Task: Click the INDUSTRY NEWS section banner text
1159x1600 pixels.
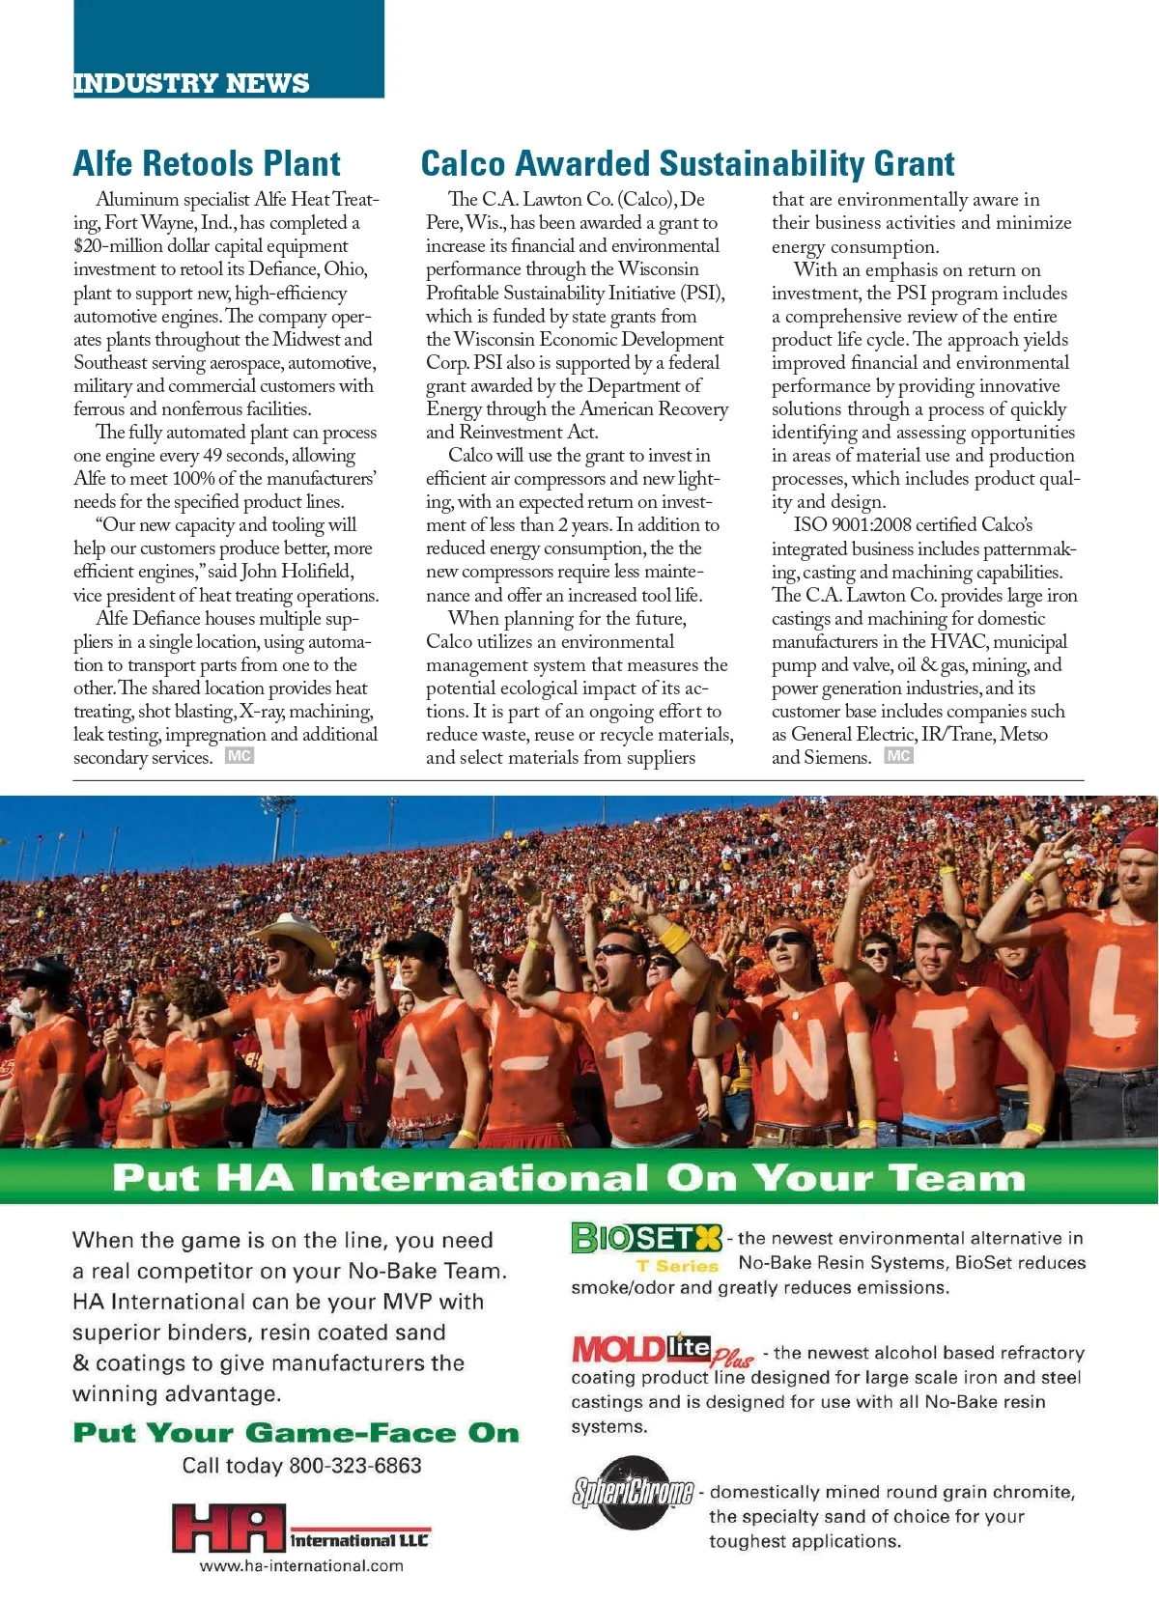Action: click(x=191, y=83)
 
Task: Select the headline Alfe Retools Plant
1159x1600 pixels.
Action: click(x=207, y=163)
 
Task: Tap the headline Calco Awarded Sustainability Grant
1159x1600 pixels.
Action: click(x=687, y=163)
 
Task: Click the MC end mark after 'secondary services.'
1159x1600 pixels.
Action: click(x=239, y=756)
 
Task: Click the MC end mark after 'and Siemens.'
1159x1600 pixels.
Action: click(x=898, y=756)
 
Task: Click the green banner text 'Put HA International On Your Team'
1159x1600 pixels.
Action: click(x=568, y=1177)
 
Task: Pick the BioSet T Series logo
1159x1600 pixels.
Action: click(x=646, y=1246)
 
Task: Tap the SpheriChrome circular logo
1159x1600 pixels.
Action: click(x=634, y=1492)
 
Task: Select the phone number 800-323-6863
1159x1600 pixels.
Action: click(x=355, y=1466)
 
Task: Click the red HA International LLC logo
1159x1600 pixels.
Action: click(x=299, y=1529)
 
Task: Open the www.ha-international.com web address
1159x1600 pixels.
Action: click(x=301, y=1566)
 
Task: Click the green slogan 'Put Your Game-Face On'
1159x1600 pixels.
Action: click(x=296, y=1433)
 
